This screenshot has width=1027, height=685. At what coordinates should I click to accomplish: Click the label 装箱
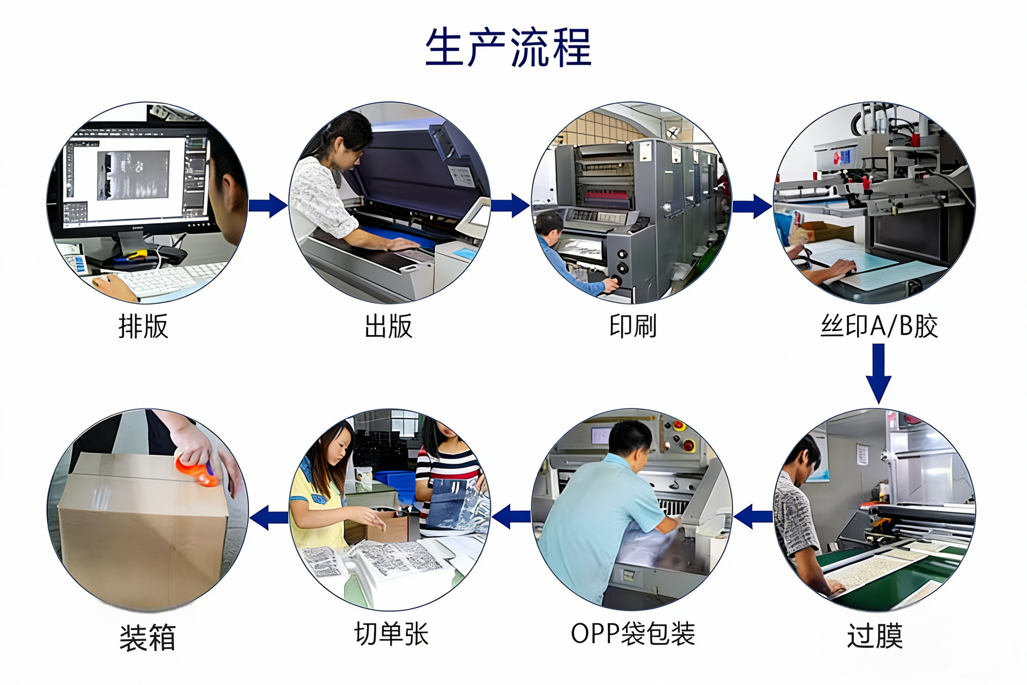(x=147, y=638)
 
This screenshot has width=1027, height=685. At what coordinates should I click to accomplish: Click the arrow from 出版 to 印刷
(x=510, y=205)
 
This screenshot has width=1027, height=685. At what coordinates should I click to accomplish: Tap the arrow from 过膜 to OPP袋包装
(x=753, y=516)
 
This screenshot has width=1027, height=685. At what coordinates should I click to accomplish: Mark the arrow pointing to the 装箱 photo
(x=269, y=517)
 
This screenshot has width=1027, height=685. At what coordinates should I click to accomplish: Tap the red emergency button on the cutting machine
(x=689, y=446)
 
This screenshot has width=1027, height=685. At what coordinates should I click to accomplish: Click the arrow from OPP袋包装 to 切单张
(x=511, y=516)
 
